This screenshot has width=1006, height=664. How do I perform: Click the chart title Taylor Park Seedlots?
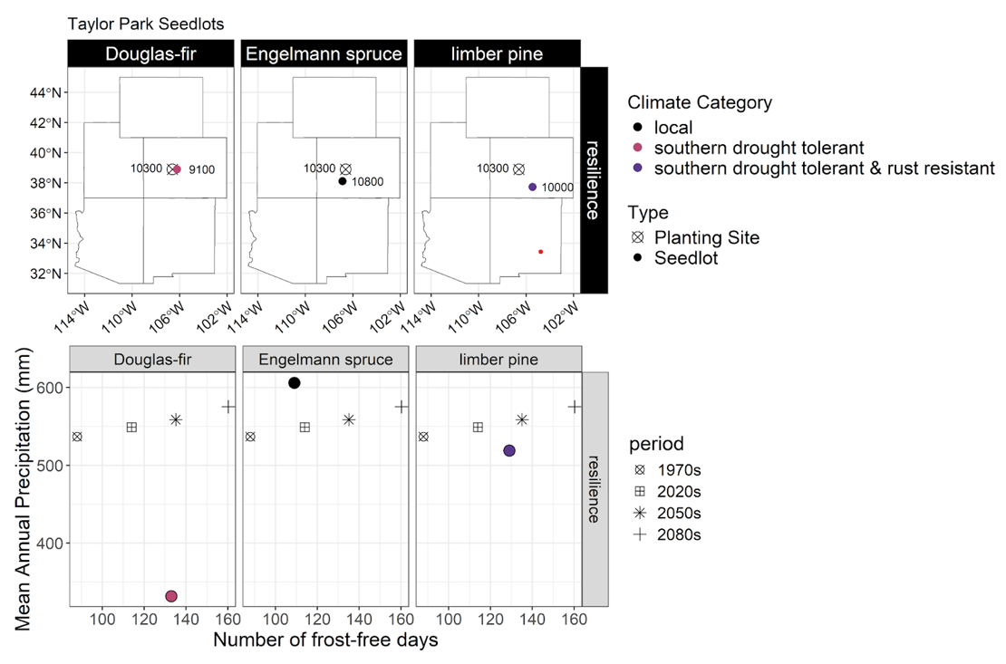146,23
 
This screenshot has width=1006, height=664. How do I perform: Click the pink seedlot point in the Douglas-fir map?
177,169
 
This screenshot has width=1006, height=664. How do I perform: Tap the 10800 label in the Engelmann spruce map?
367,182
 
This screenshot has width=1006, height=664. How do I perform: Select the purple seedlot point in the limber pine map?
532,187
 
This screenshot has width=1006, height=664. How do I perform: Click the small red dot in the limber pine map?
540,252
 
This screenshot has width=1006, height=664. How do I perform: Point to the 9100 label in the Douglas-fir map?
201,169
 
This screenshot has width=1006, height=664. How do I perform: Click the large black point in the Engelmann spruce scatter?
295,383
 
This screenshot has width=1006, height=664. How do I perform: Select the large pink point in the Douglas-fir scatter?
171,596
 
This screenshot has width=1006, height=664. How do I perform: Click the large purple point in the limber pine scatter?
509,451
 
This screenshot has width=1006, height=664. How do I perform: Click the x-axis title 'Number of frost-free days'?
325,640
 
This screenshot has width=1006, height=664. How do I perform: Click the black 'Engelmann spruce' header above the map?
325,53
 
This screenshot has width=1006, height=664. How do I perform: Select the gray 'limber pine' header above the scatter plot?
497,360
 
